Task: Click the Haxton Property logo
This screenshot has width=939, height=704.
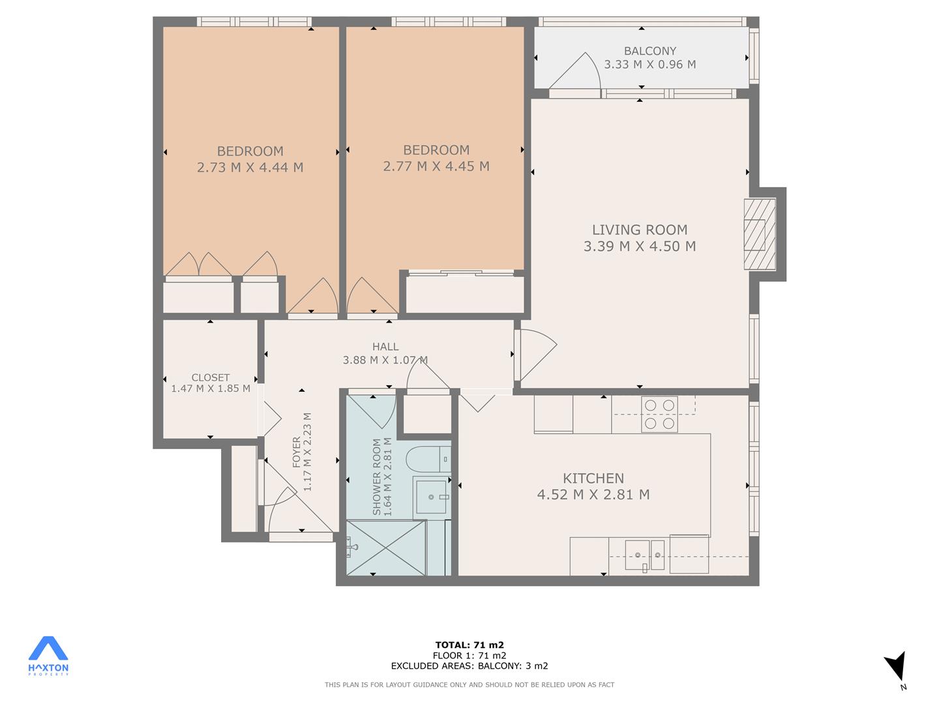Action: pyautogui.click(x=48, y=656)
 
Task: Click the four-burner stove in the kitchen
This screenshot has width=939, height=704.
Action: pyautogui.click(x=659, y=414)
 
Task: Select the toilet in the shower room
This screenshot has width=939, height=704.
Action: pyautogui.click(x=428, y=459)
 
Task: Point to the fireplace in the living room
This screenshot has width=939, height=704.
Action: pyautogui.click(x=760, y=234)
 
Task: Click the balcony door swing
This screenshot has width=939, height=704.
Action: pyautogui.click(x=575, y=71)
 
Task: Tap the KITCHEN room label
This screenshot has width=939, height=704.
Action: pyautogui.click(x=593, y=478)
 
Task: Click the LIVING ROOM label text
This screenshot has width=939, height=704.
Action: pyautogui.click(x=640, y=230)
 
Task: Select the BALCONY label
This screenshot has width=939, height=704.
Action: pyautogui.click(x=650, y=51)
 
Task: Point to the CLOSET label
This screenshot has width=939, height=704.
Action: pyautogui.click(x=211, y=377)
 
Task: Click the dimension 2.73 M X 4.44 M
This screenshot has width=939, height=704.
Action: pyautogui.click(x=250, y=167)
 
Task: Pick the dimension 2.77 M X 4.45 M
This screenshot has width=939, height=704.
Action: pyautogui.click(x=436, y=166)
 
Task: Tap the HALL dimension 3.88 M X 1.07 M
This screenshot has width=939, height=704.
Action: pyautogui.click(x=385, y=360)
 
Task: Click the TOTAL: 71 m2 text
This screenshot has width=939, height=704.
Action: pyautogui.click(x=469, y=645)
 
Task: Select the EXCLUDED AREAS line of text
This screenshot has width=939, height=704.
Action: pyautogui.click(x=469, y=666)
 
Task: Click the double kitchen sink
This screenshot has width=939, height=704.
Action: pyautogui.click(x=645, y=555)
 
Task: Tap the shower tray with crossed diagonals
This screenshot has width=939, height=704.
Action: pyautogui.click(x=386, y=548)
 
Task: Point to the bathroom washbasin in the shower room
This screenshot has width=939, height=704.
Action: pyautogui.click(x=431, y=497)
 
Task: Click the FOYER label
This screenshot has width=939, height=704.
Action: pyautogui.click(x=297, y=452)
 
